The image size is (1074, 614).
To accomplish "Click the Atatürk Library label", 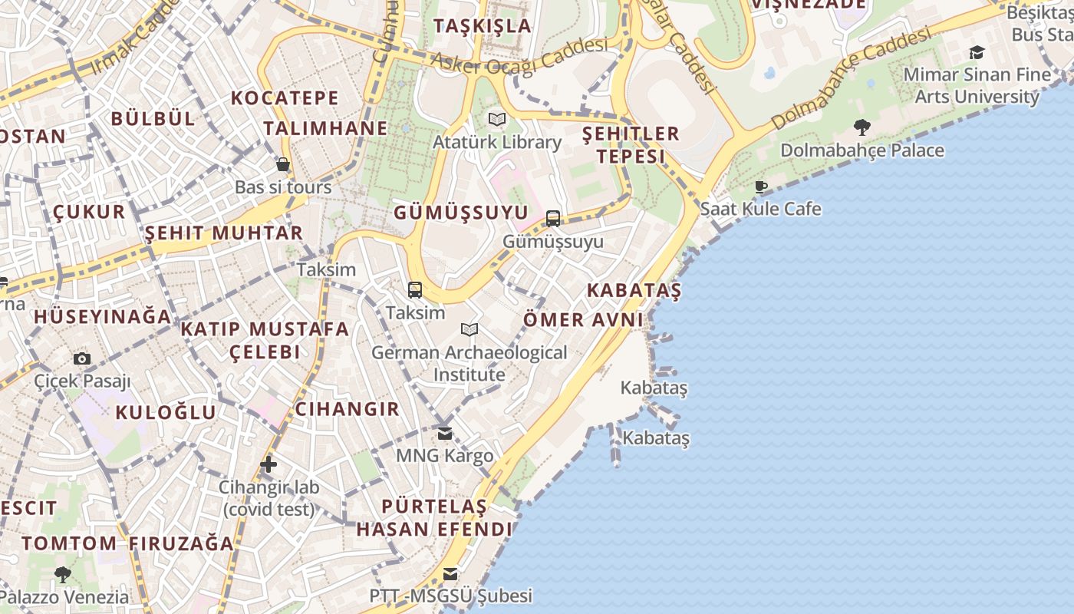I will tap(497, 142).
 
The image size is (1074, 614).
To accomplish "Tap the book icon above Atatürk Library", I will tap(497, 120).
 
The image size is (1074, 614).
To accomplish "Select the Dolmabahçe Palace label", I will tap(862, 150).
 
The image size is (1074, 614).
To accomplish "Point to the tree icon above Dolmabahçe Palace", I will tap(862, 127).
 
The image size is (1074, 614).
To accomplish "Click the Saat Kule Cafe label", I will tap(760, 209).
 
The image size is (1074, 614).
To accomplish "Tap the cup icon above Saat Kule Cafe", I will tap(761, 187).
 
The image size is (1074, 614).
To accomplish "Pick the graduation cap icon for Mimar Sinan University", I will tap(977, 52).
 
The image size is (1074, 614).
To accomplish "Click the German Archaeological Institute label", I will tap(469, 363).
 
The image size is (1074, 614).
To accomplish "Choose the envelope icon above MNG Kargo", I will tap(445, 434).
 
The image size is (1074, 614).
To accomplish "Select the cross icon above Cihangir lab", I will tap(268, 464).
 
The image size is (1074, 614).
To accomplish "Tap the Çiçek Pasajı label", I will tap(82, 381).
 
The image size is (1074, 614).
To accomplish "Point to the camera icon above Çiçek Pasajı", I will tap(82, 358).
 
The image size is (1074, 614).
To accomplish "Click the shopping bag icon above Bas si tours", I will tap(283, 164).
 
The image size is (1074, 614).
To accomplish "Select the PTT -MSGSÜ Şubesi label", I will tap(450, 596).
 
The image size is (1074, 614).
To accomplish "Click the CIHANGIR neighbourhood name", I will tap(348, 409).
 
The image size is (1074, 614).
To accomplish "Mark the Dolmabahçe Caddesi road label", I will tap(852, 78).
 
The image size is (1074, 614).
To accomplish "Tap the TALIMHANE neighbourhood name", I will tap(326, 128).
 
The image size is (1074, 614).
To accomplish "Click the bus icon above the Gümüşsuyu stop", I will tap(553, 219).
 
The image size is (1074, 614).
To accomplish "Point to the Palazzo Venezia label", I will tap(64, 597).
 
